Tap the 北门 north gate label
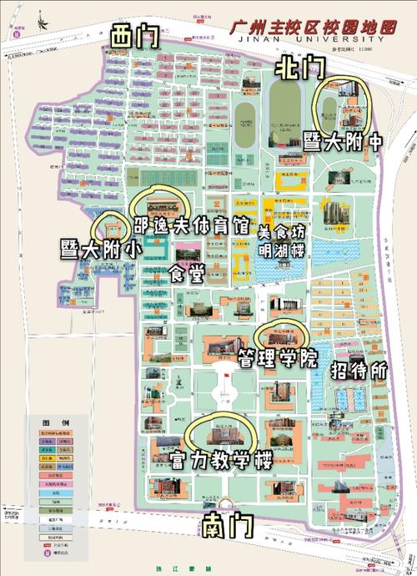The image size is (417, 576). click(301, 65)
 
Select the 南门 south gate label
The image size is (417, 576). click(227, 525)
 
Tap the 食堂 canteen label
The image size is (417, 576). click(185, 274)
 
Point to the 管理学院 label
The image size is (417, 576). click(278, 360)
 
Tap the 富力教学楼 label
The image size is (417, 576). click(221, 460)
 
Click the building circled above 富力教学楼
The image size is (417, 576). click(220, 432)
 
